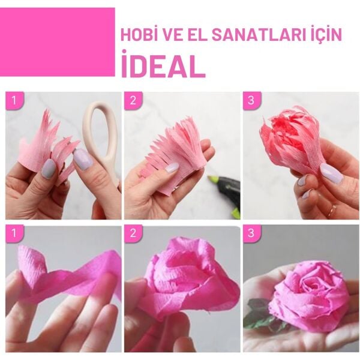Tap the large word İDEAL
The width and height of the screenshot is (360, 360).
click(x=163, y=65)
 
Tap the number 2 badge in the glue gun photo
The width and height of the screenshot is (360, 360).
click(x=132, y=100)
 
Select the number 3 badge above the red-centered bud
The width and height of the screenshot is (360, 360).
click(x=250, y=100)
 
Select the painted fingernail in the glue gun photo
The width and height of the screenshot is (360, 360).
click(x=171, y=169)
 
